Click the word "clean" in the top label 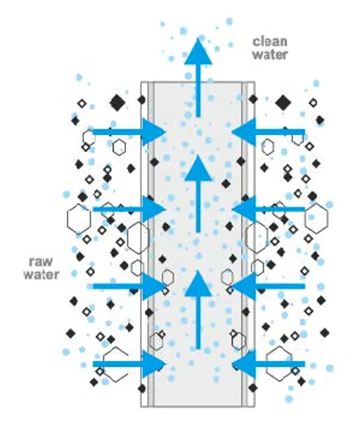270,41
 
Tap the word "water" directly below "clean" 270,54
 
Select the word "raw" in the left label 41,262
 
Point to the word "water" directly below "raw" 41,274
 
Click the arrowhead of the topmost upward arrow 198,51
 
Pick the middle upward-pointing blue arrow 198,193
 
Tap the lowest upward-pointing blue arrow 198,309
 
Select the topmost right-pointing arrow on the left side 129,132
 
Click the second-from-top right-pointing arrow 129,209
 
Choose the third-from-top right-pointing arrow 129,286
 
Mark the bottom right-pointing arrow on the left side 129,364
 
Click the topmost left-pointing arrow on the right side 268,132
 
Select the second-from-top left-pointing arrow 268,209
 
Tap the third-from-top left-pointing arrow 268,286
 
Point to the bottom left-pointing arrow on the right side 268,364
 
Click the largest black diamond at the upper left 117,103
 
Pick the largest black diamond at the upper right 283,103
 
